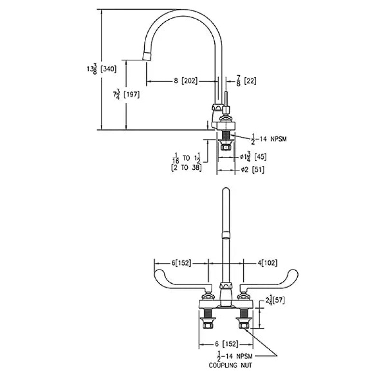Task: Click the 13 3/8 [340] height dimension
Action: [x=101, y=69]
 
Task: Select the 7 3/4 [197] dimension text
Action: [x=126, y=94]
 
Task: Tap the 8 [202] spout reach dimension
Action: [x=186, y=81]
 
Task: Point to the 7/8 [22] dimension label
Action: [x=246, y=81]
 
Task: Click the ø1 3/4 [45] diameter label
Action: [x=253, y=157]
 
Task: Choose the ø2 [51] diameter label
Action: [x=253, y=170]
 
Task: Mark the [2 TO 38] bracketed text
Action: [x=186, y=168]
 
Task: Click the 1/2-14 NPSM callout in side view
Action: [x=269, y=139]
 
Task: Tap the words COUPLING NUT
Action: [x=231, y=365]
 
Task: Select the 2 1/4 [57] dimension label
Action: [x=275, y=300]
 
